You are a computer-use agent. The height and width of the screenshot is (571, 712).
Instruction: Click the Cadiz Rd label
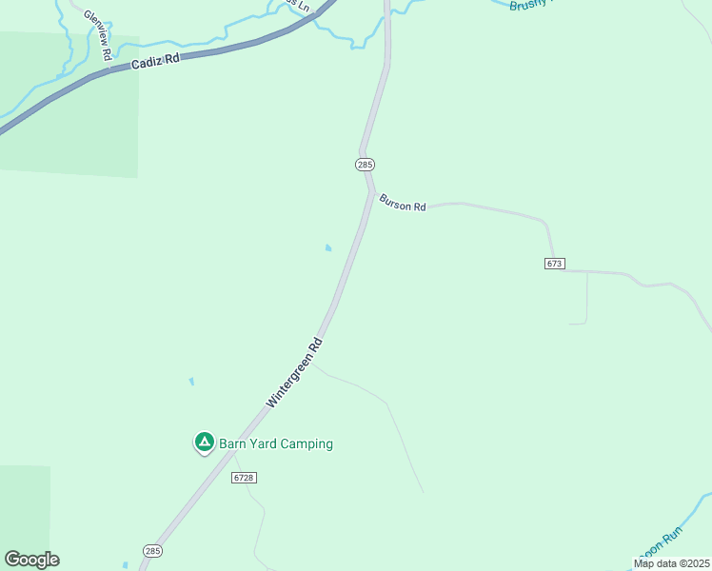point(157,61)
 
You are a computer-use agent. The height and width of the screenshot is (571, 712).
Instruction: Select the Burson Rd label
point(403,203)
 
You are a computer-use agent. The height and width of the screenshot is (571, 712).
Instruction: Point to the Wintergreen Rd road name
point(294,373)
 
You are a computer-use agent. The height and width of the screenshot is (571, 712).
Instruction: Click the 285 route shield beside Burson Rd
point(366,165)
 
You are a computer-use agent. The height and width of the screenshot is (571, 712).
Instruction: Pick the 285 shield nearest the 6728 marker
point(152,551)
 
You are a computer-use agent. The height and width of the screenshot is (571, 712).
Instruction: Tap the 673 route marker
point(555,263)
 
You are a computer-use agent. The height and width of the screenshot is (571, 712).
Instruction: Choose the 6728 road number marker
point(244,478)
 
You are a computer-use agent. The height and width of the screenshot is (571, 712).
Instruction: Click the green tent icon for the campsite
point(204,442)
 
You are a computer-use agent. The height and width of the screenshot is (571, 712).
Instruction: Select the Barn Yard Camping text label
point(276,443)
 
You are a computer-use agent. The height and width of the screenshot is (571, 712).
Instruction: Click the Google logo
point(31,560)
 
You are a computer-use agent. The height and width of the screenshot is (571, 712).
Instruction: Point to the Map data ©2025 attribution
point(672,563)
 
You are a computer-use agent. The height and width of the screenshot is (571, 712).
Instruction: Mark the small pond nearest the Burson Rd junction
point(328,248)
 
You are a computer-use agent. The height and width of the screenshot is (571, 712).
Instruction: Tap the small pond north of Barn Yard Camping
point(191,382)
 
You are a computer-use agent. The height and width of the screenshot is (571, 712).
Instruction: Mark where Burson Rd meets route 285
point(371,191)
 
